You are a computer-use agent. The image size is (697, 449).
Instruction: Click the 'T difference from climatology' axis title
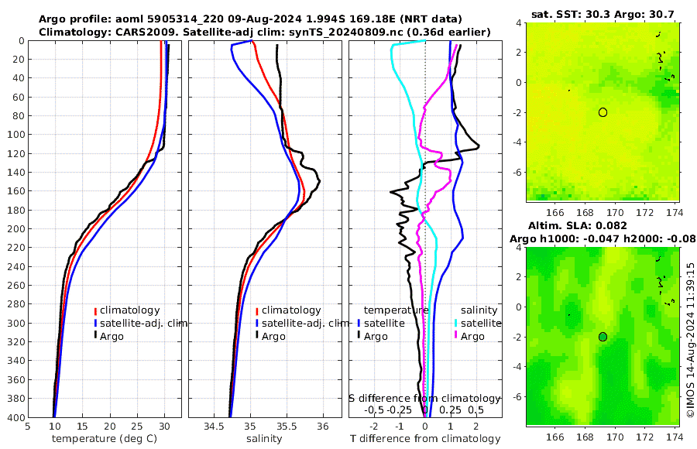pos(425,439)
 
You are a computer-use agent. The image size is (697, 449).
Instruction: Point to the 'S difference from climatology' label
pos(424,397)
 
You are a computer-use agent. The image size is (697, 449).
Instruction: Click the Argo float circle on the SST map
pos(603,112)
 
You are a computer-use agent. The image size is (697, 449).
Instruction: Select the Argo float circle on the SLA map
pos(603,336)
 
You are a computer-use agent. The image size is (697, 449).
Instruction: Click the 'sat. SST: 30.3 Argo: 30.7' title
pos(602,15)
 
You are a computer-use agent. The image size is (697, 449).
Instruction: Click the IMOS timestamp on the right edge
pos(690,340)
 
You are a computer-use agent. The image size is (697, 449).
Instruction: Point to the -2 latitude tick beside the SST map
pos(517,112)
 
